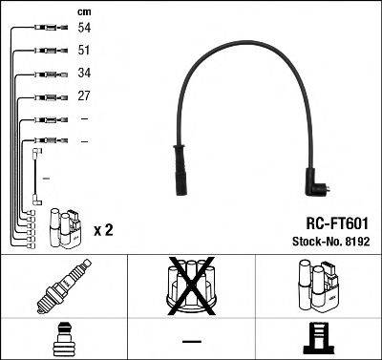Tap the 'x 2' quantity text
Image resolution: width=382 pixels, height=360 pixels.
(x=103, y=231)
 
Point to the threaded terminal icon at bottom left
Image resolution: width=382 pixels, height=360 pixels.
(x=65, y=338)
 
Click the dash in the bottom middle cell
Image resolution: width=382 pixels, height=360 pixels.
(x=191, y=340)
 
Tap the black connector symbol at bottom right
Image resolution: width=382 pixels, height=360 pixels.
(x=318, y=339)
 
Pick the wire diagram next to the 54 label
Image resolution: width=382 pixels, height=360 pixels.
(x=43, y=30)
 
